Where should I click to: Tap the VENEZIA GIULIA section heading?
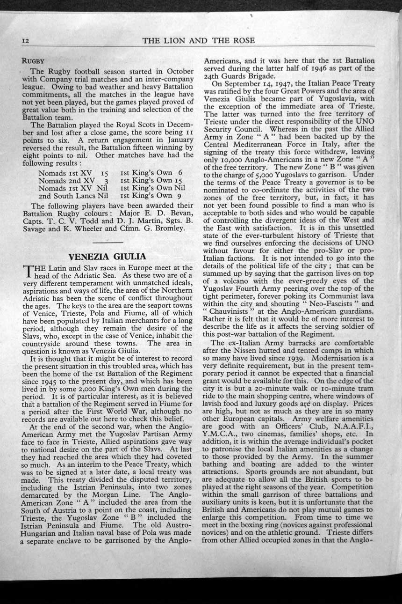(x=108, y=257)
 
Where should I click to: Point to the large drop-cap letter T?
(x=28, y=270)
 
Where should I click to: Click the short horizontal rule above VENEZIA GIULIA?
(x=108, y=242)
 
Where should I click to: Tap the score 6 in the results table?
(x=180, y=173)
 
